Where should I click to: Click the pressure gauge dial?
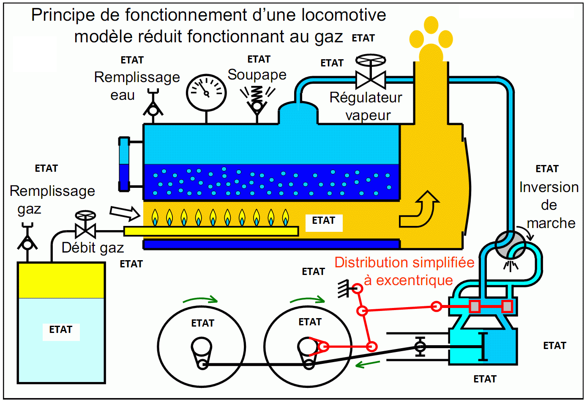[x=206, y=93]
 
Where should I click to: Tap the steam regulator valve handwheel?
[x=371, y=60]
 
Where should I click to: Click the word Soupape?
[x=257, y=75]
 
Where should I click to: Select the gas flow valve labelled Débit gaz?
[x=85, y=231]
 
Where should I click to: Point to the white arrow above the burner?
[x=125, y=213]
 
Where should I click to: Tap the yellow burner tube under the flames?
[x=211, y=231]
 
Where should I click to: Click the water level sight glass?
[x=124, y=164]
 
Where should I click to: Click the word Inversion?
[x=549, y=187]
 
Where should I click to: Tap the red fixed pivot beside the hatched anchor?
[x=357, y=289]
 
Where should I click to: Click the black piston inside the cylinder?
[x=483, y=346]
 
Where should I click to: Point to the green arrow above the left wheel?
[x=200, y=300]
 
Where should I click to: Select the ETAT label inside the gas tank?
[x=61, y=330]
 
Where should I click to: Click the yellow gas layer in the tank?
[x=61, y=280]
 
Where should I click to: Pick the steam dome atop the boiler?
[x=298, y=113]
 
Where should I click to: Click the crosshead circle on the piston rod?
[x=420, y=346]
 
